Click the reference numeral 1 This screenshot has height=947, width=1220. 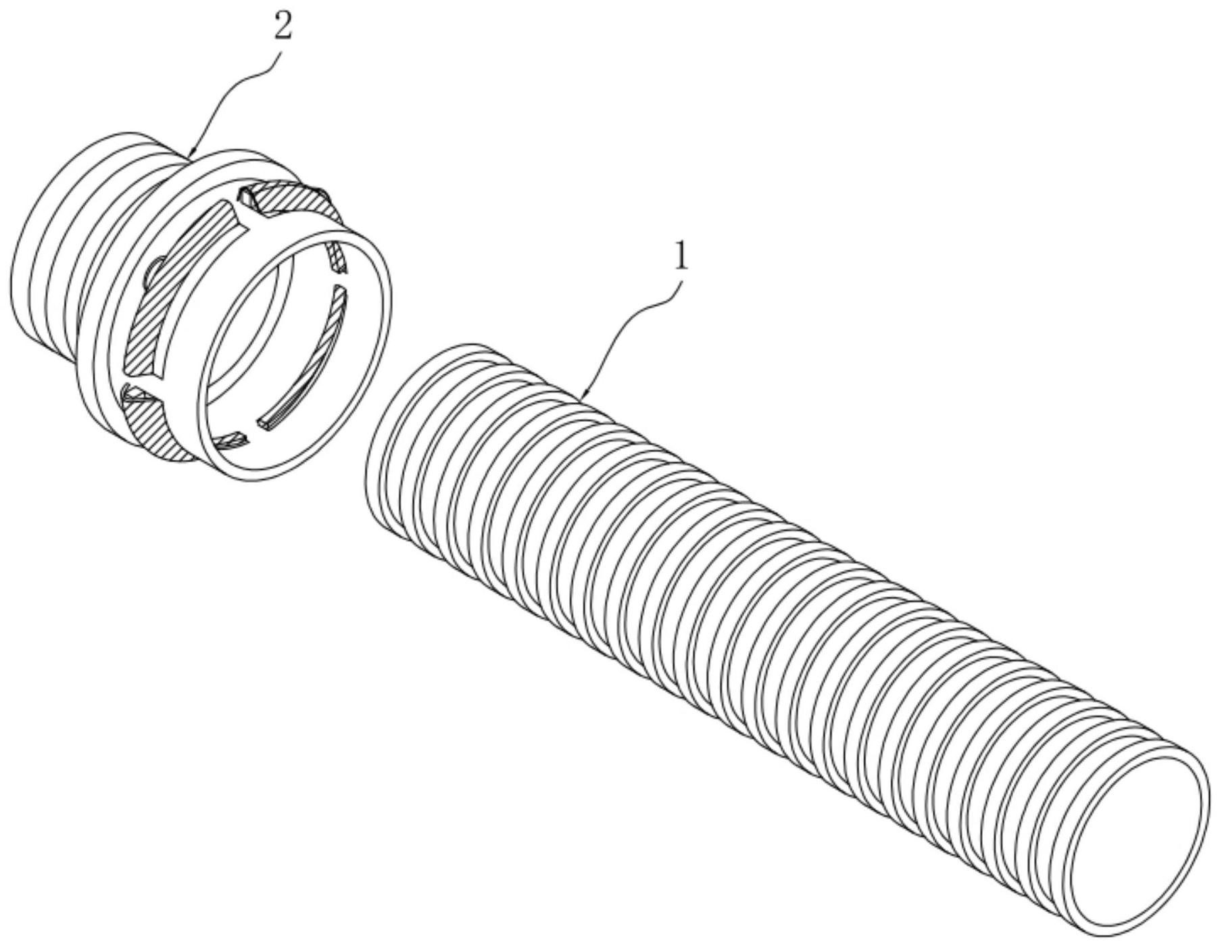(681, 258)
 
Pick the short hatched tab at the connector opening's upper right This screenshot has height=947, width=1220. (337, 258)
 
